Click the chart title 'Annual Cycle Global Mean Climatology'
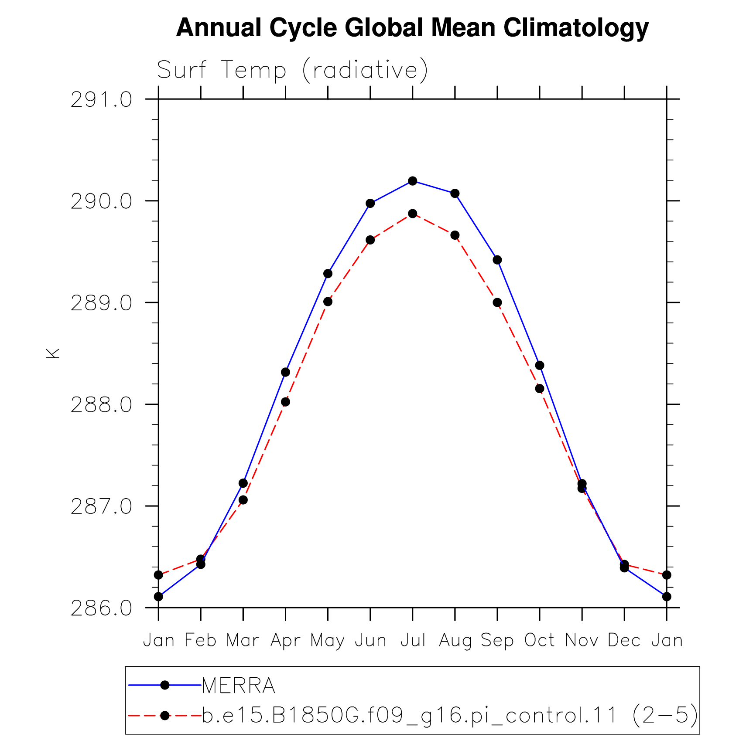(412, 28)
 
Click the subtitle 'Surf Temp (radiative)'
(292, 70)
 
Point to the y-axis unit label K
(53, 353)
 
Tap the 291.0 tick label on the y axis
(101, 100)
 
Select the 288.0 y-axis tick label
(101, 405)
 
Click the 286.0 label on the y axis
(101, 608)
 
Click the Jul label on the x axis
(413, 640)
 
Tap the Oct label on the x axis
(540, 640)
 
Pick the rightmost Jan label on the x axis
(667, 640)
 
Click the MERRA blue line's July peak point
(413, 181)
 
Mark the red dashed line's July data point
(413, 214)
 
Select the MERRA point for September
(497, 260)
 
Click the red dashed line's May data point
(328, 302)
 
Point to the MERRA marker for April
(285, 372)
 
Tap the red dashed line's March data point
(243, 500)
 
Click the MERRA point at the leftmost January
(158, 597)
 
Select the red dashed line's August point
(455, 235)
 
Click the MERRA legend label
(239, 686)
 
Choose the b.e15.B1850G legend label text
(450, 716)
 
